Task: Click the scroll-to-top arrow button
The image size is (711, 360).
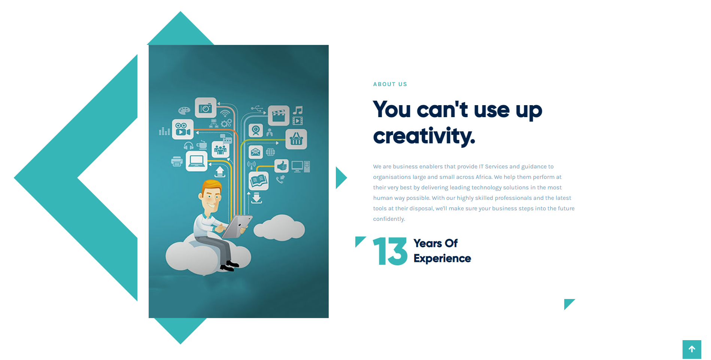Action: tap(692, 349)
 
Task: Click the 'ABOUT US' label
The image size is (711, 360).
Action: tap(390, 84)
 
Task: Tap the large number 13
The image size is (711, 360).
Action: tap(390, 251)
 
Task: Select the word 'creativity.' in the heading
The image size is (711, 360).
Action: tap(424, 135)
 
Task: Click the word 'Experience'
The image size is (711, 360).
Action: tap(442, 259)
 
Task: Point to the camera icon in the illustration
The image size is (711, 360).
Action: tap(206, 108)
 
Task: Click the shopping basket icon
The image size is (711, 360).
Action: tap(296, 139)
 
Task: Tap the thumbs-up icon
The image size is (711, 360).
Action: tap(281, 165)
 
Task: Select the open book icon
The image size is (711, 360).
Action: tap(259, 181)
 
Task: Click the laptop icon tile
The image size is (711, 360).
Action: tap(197, 161)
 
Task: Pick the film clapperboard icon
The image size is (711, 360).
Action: tap(279, 115)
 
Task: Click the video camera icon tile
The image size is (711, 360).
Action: tap(183, 129)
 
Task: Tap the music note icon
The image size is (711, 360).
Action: tap(298, 110)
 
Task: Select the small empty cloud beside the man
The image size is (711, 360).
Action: tap(279, 227)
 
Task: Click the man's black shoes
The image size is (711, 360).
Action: tap(229, 265)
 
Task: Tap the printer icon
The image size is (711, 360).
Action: tap(177, 162)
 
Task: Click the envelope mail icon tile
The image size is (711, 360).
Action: tap(256, 152)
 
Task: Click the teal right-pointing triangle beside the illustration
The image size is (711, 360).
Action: tap(341, 178)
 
